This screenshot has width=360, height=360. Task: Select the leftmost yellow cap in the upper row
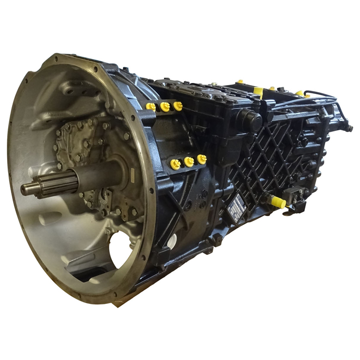[151, 107]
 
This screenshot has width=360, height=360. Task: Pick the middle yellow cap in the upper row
[165, 107]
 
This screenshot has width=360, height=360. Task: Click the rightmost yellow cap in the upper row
[177, 106]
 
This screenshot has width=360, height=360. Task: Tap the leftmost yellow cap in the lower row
[175, 164]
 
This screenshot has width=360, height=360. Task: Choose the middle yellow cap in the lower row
[189, 162]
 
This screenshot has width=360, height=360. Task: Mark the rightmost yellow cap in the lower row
[201, 159]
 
